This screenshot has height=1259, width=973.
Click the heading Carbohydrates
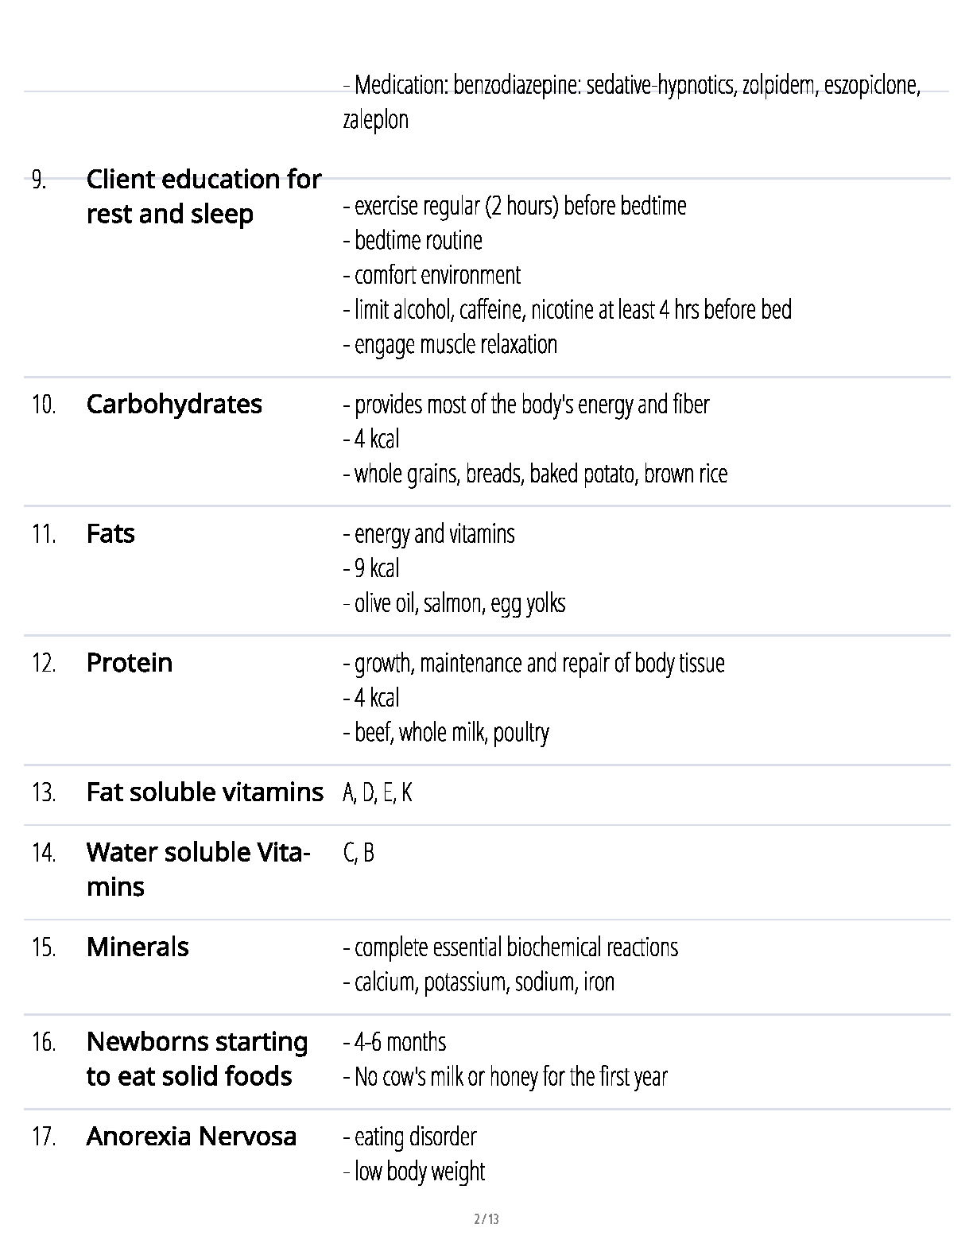pos(174,404)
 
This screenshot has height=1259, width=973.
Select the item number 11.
pos(44,534)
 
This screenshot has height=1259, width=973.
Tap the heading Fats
pos(110,533)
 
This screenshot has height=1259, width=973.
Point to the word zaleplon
pos(375,120)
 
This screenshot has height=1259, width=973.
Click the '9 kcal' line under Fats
pos(371,568)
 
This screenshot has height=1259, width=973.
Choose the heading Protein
pos(129,663)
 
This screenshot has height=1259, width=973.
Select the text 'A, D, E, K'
pos(378,792)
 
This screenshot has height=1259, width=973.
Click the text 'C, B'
pos(359,853)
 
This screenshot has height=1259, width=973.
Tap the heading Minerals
pos(138,947)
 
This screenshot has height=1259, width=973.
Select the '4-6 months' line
pos(395,1042)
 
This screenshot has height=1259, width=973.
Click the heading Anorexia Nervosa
pos(191,1136)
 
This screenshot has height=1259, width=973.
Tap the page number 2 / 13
pos(486,1219)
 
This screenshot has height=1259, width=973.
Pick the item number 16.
pos(44,1042)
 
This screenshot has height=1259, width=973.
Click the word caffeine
pos(491,310)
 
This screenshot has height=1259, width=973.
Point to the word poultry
pos(521,733)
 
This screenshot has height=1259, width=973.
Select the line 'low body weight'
pos(414,1172)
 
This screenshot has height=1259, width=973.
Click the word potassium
pos(467,982)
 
